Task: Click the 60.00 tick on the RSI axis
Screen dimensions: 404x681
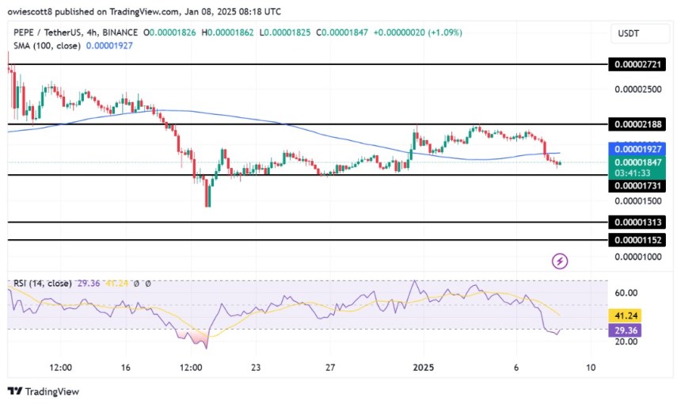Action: pyautogui.click(x=626, y=292)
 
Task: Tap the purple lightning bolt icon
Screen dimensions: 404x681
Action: pyautogui.click(x=560, y=261)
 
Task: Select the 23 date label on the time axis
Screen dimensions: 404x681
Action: pyautogui.click(x=255, y=368)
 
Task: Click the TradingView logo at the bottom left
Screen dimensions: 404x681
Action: pyautogui.click(x=44, y=391)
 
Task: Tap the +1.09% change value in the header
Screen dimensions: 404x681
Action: pyautogui.click(x=447, y=32)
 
